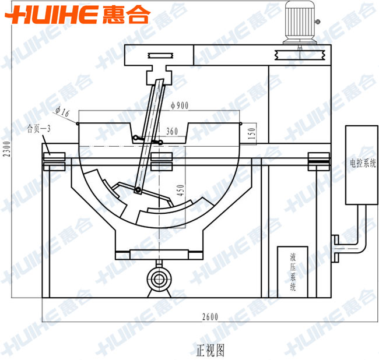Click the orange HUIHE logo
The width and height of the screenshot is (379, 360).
(78, 15)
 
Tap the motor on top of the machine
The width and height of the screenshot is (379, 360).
(300, 23)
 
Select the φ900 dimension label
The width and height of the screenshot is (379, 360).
(180, 105)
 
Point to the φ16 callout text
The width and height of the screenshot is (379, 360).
(62, 112)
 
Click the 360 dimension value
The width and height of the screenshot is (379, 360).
(172, 131)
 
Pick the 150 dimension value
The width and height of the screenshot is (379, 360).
(251, 133)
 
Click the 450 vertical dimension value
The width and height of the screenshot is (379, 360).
(180, 190)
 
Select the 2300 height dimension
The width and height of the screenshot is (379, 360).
(7, 149)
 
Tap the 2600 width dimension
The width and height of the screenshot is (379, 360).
(210, 317)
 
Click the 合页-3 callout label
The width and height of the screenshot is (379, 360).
(38, 129)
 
